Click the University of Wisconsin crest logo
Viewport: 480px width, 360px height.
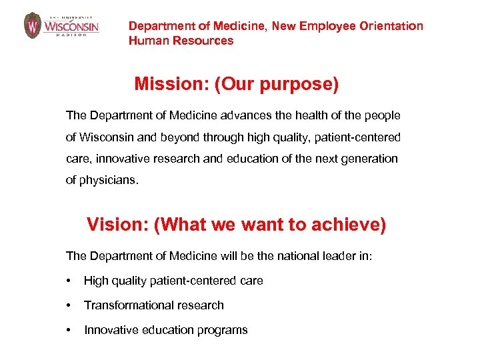[x=33, y=25]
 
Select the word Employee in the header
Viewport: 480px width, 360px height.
[x=325, y=26]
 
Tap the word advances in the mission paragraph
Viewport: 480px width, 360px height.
[x=253, y=115]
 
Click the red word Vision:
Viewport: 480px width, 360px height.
[x=117, y=225]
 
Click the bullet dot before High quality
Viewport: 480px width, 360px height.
[x=69, y=281]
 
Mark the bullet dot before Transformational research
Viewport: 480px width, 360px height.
[x=69, y=306]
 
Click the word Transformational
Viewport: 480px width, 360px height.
[x=125, y=305]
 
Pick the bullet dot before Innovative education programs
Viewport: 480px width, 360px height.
[x=69, y=331]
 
